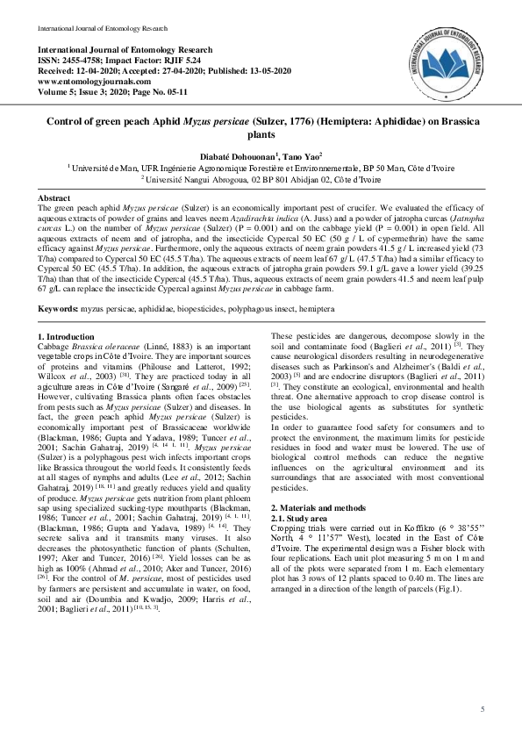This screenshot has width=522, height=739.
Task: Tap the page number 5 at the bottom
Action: (x=483, y=708)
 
